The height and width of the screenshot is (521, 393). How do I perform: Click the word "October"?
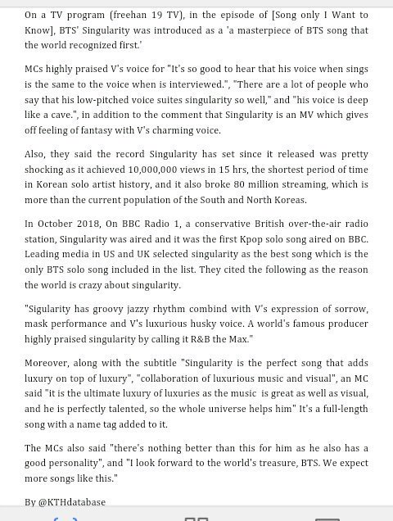click(61, 224)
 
